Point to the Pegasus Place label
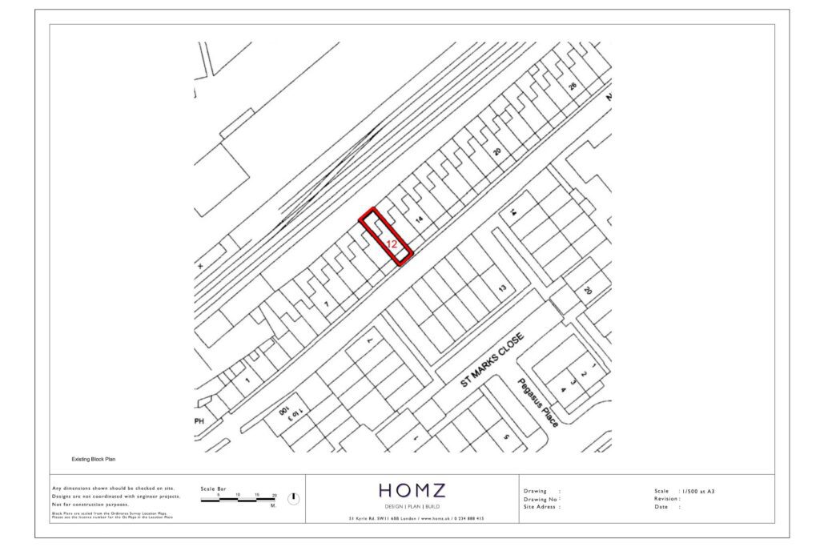[538, 402]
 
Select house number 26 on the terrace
[572, 86]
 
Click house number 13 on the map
[503, 288]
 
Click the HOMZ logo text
[412, 490]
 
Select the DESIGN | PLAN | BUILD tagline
[412, 506]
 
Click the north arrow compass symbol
[293, 498]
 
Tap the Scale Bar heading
[213, 488]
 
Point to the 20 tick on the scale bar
[275, 495]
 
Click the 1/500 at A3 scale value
[697, 491]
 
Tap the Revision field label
[668, 498]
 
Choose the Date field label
[661, 506]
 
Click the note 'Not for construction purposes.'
[90, 505]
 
